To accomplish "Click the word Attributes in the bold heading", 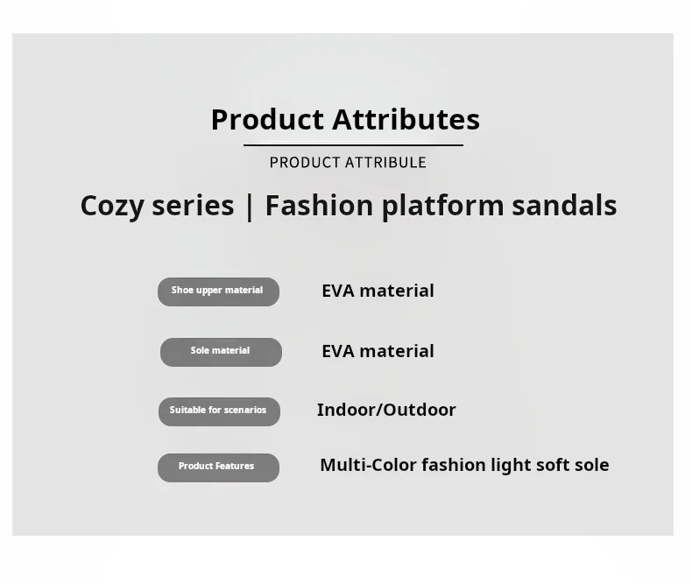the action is click(x=406, y=120).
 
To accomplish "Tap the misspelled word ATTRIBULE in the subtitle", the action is click(x=385, y=163).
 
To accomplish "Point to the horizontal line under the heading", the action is click(x=353, y=145).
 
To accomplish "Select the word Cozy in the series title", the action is click(x=112, y=207).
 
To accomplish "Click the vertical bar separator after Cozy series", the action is click(x=250, y=207).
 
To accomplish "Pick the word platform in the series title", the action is click(x=442, y=207).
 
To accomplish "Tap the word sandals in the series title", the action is click(x=564, y=206).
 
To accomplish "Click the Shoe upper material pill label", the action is click(x=218, y=292).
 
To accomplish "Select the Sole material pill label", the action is click(x=221, y=353).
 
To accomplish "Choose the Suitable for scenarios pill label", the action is click(x=219, y=412).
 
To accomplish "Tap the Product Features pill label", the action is click(x=218, y=468).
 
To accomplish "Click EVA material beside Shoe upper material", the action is click(x=378, y=291).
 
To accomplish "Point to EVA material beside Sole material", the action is click(x=378, y=352).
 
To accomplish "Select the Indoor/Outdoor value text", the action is click(x=386, y=411).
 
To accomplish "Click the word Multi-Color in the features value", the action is click(x=368, y=465).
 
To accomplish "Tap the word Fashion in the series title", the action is click(x=319, y=206).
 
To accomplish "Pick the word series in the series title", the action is click(x=193, y=207).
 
